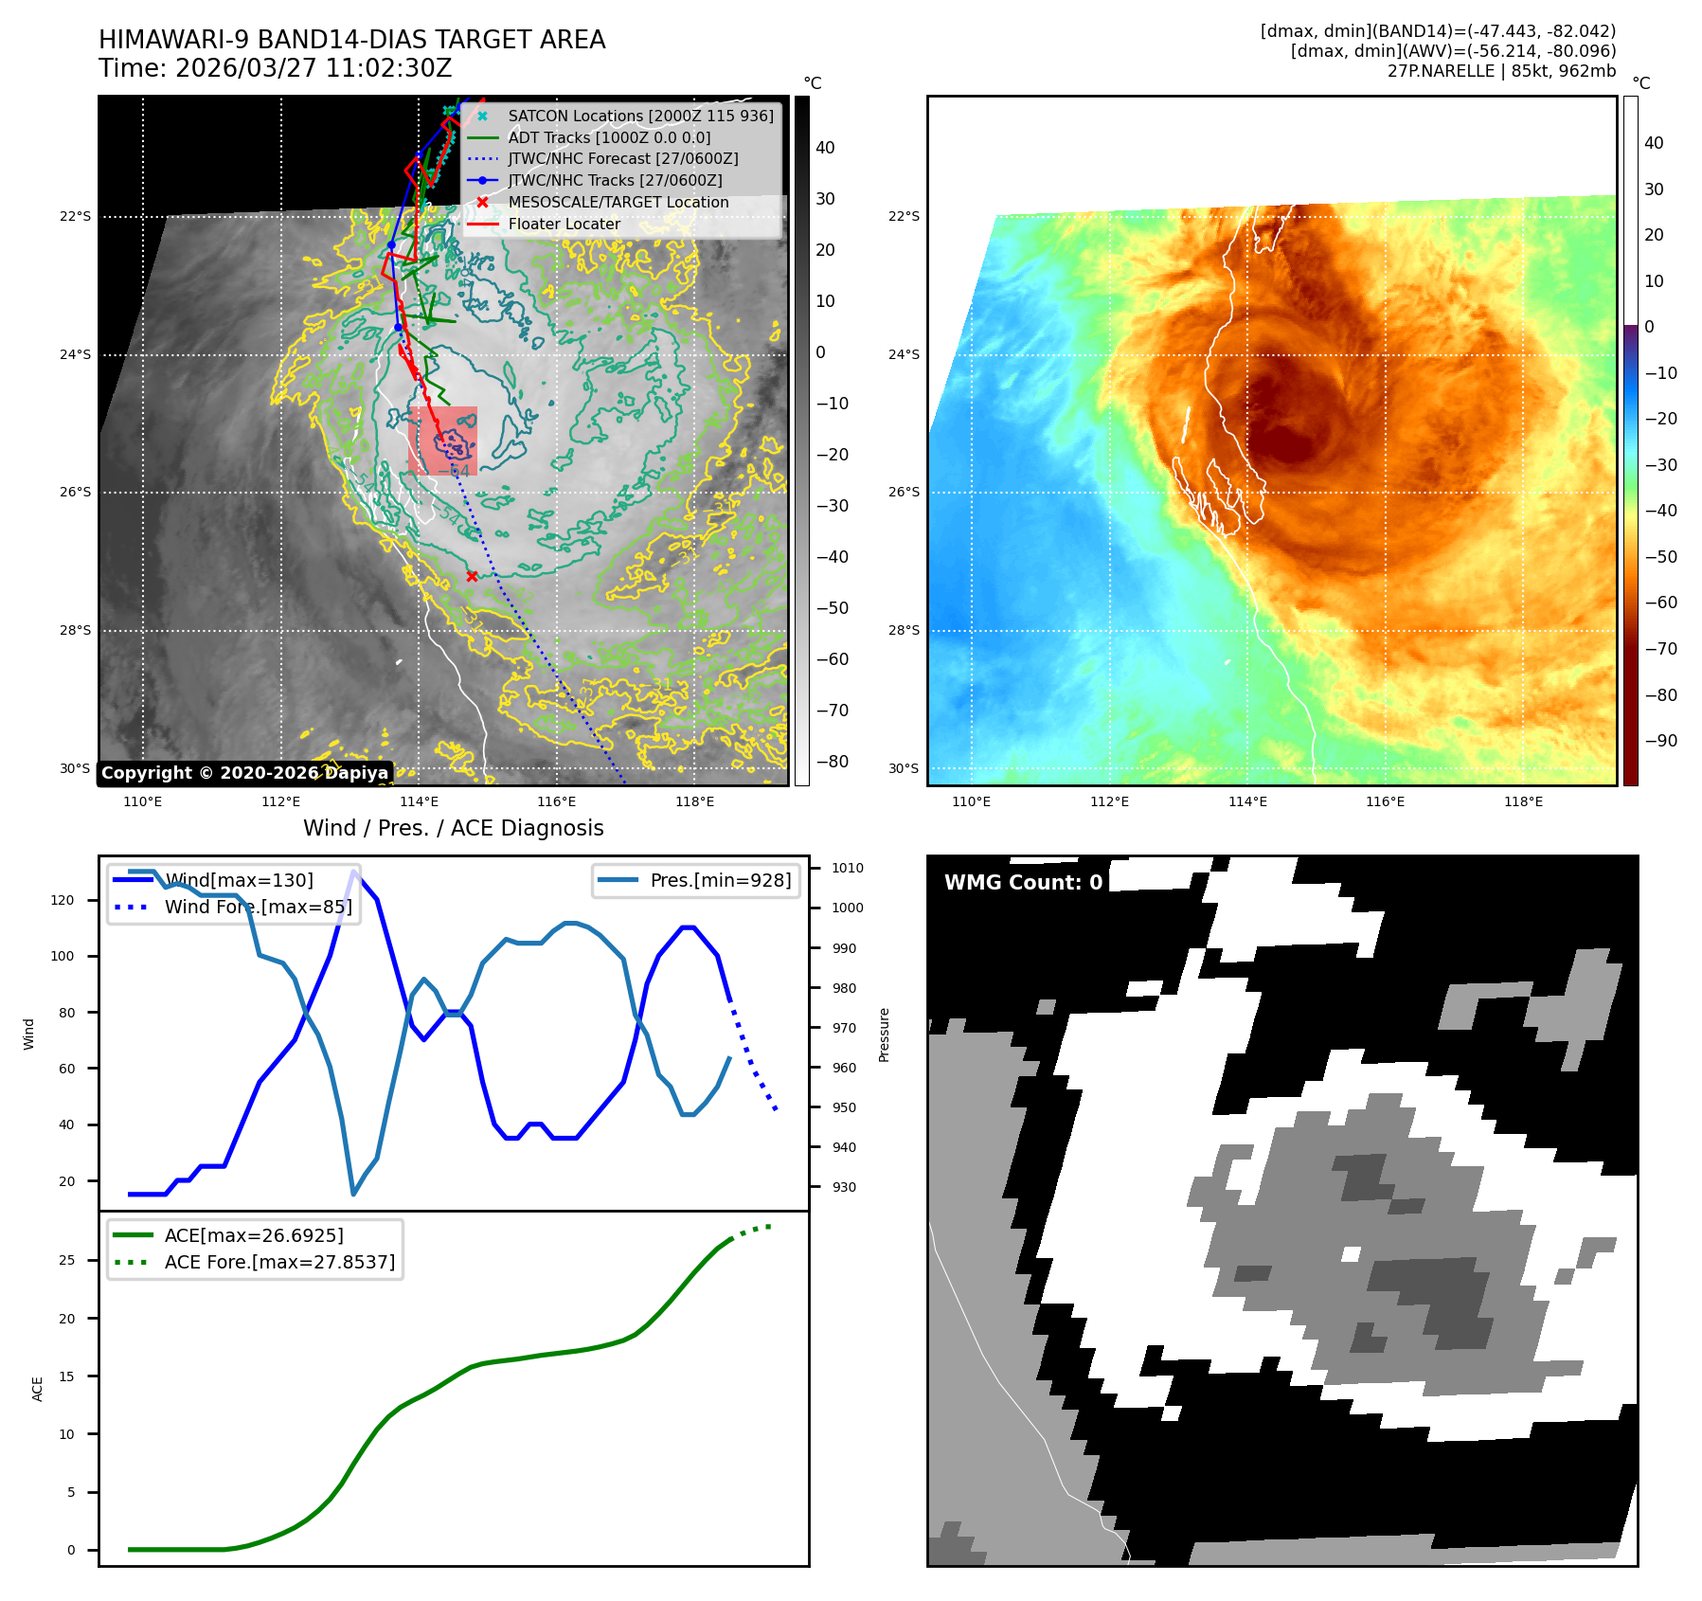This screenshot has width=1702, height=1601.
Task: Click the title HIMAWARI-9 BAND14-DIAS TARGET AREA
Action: tap(351, 40)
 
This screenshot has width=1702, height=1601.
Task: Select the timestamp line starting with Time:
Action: tap(275, 69)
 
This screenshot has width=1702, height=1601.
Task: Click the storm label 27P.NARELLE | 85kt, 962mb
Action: tap(1501, 71)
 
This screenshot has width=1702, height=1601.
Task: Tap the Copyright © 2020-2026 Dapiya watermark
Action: tap(244, 773)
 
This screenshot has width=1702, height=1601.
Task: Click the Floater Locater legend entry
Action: tap(564, 224)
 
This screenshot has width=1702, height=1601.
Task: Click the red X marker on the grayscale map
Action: tap(472, 576)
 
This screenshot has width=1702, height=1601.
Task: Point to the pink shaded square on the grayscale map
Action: tap(442, 441)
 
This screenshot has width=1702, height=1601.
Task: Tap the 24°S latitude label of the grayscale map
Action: tap(76, 355)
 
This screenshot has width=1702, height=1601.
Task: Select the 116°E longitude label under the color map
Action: tap(1385, 802)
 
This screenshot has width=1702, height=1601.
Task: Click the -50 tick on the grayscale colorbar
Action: tap(833, 608)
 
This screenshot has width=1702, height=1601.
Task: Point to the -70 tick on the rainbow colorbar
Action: tap(1660, 649)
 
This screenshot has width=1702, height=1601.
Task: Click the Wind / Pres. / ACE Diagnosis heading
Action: tap(453, 828)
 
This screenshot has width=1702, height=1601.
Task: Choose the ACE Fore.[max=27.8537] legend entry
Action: tap(279, 1262)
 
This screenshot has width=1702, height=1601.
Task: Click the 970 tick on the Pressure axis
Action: tap(843, 1028)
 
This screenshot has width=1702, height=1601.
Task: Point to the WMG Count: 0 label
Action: tap(1023, 883)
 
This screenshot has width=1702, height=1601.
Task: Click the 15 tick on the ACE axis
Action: tap(66, 1376)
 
